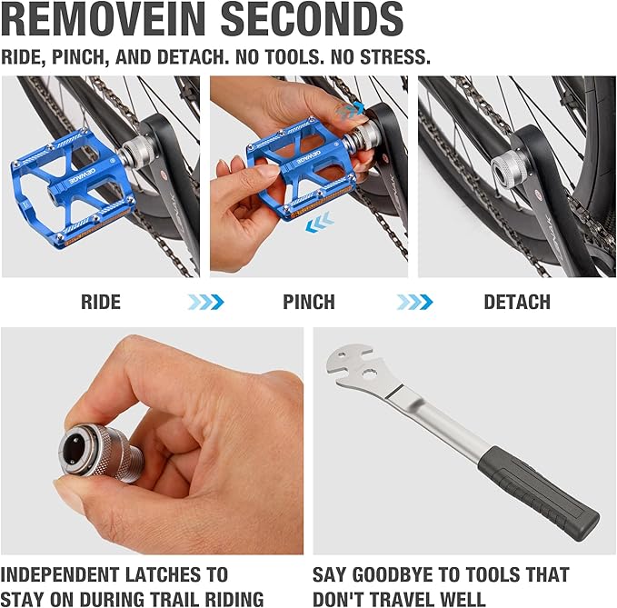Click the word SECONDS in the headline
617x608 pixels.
pyautogui.click(x=312, y=19)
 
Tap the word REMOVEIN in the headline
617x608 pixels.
pyautogui.click(x=103, y=19)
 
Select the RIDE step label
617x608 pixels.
pyautogui.click(x=101, y=303)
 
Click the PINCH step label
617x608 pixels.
pyautogui.click(x=309, y=303)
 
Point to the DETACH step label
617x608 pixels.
pyautogui.click(x=517, y=303)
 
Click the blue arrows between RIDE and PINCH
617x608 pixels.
pyautogui.click(x=205, y=303)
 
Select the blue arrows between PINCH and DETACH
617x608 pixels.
pyautogui.click(x=414, y=303)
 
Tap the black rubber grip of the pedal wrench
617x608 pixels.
pyautogui.click(x=538, y=493)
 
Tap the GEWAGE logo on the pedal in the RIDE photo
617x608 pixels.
pyautogui.click(x=83, y=176)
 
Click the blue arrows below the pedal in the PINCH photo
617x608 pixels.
pyautogui.click(x=320, y=222)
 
